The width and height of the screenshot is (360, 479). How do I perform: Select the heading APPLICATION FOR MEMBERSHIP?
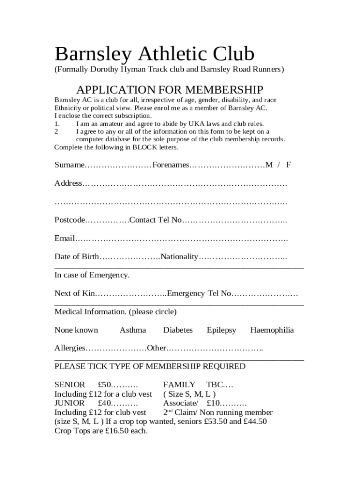[170, 89]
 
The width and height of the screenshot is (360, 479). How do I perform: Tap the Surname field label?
[70, 165]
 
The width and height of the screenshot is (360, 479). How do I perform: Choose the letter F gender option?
[288, 165]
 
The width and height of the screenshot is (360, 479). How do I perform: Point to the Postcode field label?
[70, 220]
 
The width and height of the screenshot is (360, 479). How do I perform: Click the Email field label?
[65, 239]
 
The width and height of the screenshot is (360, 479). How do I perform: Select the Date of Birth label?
[77, 257]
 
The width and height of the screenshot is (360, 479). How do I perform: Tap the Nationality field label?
[180, 257]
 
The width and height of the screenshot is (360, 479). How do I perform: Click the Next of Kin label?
[75, 293]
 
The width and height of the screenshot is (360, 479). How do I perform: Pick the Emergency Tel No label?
[199, 293]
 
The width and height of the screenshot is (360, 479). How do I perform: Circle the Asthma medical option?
[133, 330]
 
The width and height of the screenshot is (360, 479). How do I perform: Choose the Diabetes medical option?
[178, 330]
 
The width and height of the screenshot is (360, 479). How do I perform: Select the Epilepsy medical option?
[222, 330]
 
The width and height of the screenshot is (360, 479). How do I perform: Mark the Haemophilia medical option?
[272, 330]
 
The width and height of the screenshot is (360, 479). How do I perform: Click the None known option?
[76, 330]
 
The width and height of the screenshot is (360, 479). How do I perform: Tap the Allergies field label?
[70, 348]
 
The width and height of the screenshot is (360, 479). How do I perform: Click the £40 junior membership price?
[105, 403]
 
